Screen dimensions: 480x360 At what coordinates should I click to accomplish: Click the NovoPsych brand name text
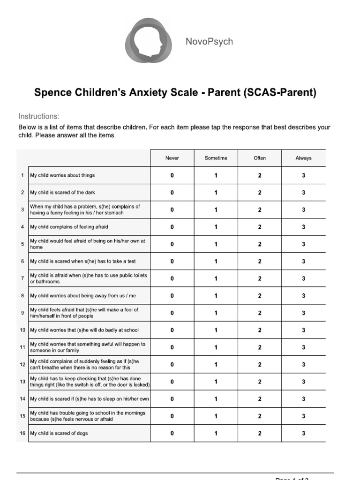(x=209, y=42)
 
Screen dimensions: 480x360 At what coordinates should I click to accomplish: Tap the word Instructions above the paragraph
(x=39, y=116)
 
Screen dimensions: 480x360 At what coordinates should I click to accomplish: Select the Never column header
(x=172, y=158)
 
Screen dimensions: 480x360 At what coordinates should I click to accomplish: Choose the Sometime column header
(x=216, y=158)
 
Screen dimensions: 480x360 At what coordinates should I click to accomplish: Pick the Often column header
(x=260, y=158)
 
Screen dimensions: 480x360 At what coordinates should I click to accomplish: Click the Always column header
(x=303, y=158)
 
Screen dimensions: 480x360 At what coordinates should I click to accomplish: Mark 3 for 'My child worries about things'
(x=303, y=175)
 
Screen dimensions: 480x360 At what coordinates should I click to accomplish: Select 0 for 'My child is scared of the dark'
(x=172, y=193)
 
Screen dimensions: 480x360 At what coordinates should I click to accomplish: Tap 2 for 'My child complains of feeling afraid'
(x=260, y=227)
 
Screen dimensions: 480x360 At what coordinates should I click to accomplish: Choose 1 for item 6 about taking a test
(x=216, y=261)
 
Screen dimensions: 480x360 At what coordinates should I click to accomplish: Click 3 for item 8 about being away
(x=303, y=296)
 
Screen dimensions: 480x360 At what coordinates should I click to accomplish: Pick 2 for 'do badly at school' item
(x=260, y=330)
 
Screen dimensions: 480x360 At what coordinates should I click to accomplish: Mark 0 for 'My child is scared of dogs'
(x=172, y=433)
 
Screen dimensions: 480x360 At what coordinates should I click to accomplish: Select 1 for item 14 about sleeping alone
(x=216, y=399)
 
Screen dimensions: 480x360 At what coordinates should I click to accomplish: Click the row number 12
(x=22, y=364)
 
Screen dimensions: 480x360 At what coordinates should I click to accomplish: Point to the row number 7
(x=22, y=278)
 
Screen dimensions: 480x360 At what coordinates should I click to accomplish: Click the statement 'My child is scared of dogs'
(x=59, y=433)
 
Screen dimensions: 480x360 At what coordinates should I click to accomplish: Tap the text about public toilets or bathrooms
(x=89, y=278)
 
